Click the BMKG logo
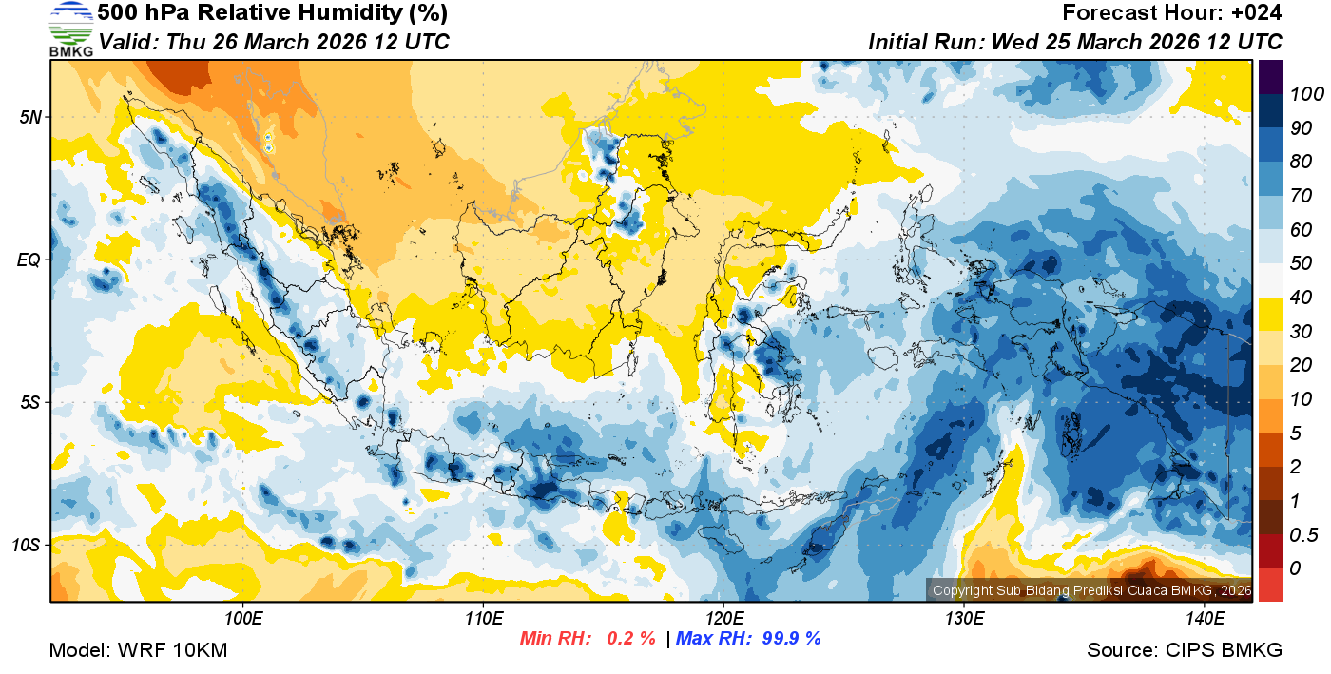click(70, 29)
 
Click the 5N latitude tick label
click(29, 117)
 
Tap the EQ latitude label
click(29, 260)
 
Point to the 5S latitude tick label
click(29, 403)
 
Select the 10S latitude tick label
click(27, 546)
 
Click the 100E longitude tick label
click(244, 619)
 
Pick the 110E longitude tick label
click(484, 619)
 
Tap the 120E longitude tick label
click(723, 619)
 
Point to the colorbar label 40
click(1300, 298)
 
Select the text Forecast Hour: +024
click(1172, 13)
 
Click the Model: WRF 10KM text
click(139, 650)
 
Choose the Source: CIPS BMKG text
click(1185, 650)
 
